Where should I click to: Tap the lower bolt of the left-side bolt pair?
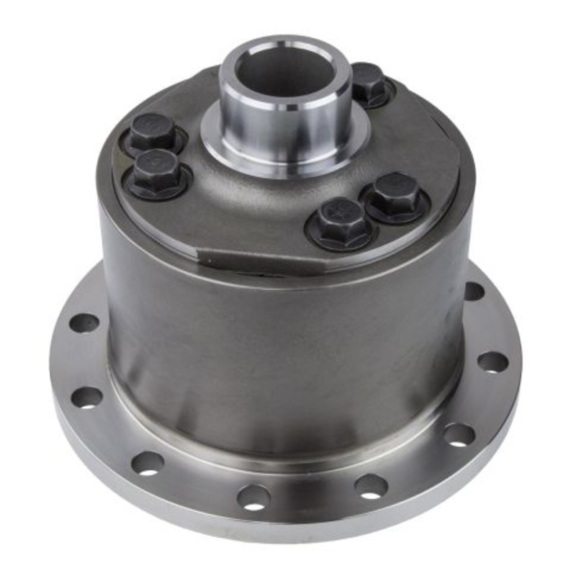(158, 171)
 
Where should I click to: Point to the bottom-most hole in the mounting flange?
(253, 496)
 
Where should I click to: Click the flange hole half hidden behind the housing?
(473, 291)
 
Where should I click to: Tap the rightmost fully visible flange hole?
(492, 361)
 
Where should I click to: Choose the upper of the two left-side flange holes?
(84, 322)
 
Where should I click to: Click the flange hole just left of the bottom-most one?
(147, 462)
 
